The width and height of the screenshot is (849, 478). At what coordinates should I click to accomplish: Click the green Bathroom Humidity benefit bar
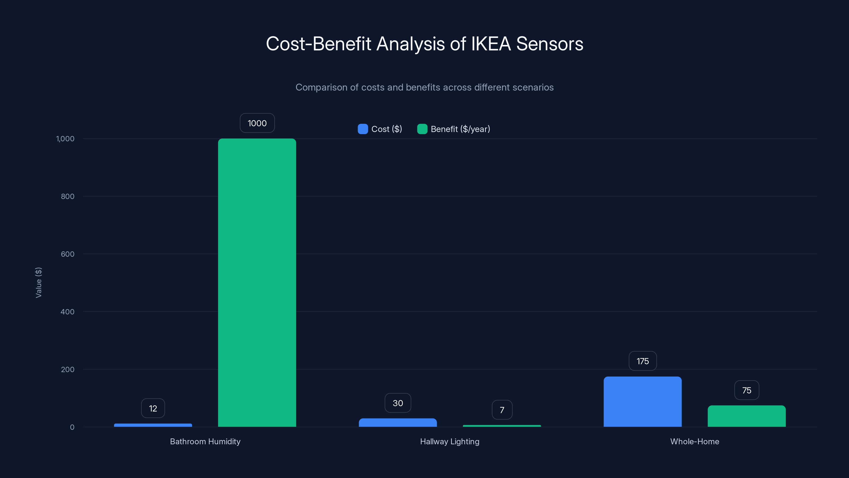pyautogui.click(x=257, y=282)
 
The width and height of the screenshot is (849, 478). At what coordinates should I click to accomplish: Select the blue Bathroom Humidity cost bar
pyautogui.click(x=153, y=425)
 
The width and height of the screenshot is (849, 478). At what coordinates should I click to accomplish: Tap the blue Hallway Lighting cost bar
pyautogui.click(x=397, y=422)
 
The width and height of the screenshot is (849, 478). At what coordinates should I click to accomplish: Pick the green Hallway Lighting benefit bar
pyautogui.click(x=502, y=426)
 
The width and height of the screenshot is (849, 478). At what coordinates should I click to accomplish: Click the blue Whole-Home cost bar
pyautogui.click(x=642, y=402)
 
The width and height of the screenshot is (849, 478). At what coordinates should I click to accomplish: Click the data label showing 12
pyautogui.click(x=153, y=408)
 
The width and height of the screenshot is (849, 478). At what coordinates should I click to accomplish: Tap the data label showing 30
pyautogui.click(x=398, y=403)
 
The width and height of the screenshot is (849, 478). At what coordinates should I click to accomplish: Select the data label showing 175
pyautogui.click(x=643, y=361)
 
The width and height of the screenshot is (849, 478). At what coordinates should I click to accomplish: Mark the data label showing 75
pyautogui.click(x=747, y=391)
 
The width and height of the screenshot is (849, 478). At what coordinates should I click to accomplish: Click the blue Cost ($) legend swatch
pyautogui.click(x=362, y=129)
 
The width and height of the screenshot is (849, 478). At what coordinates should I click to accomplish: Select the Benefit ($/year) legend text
pyautogui.click(x=460, y=129)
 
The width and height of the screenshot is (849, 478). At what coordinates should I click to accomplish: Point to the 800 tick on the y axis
pyautogui.click(x=68, y=196)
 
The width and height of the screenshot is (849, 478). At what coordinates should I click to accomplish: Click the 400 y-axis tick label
pyautogui.click(x=68, y=312)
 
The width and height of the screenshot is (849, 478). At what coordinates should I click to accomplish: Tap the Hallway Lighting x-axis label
pyautogui.click(x=449, y=441)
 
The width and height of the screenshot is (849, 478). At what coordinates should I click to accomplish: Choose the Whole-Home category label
pyautogui.click(x=694, y=441)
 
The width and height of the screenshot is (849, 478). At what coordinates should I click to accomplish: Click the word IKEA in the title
pyautogui.click(x=491, y=44)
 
